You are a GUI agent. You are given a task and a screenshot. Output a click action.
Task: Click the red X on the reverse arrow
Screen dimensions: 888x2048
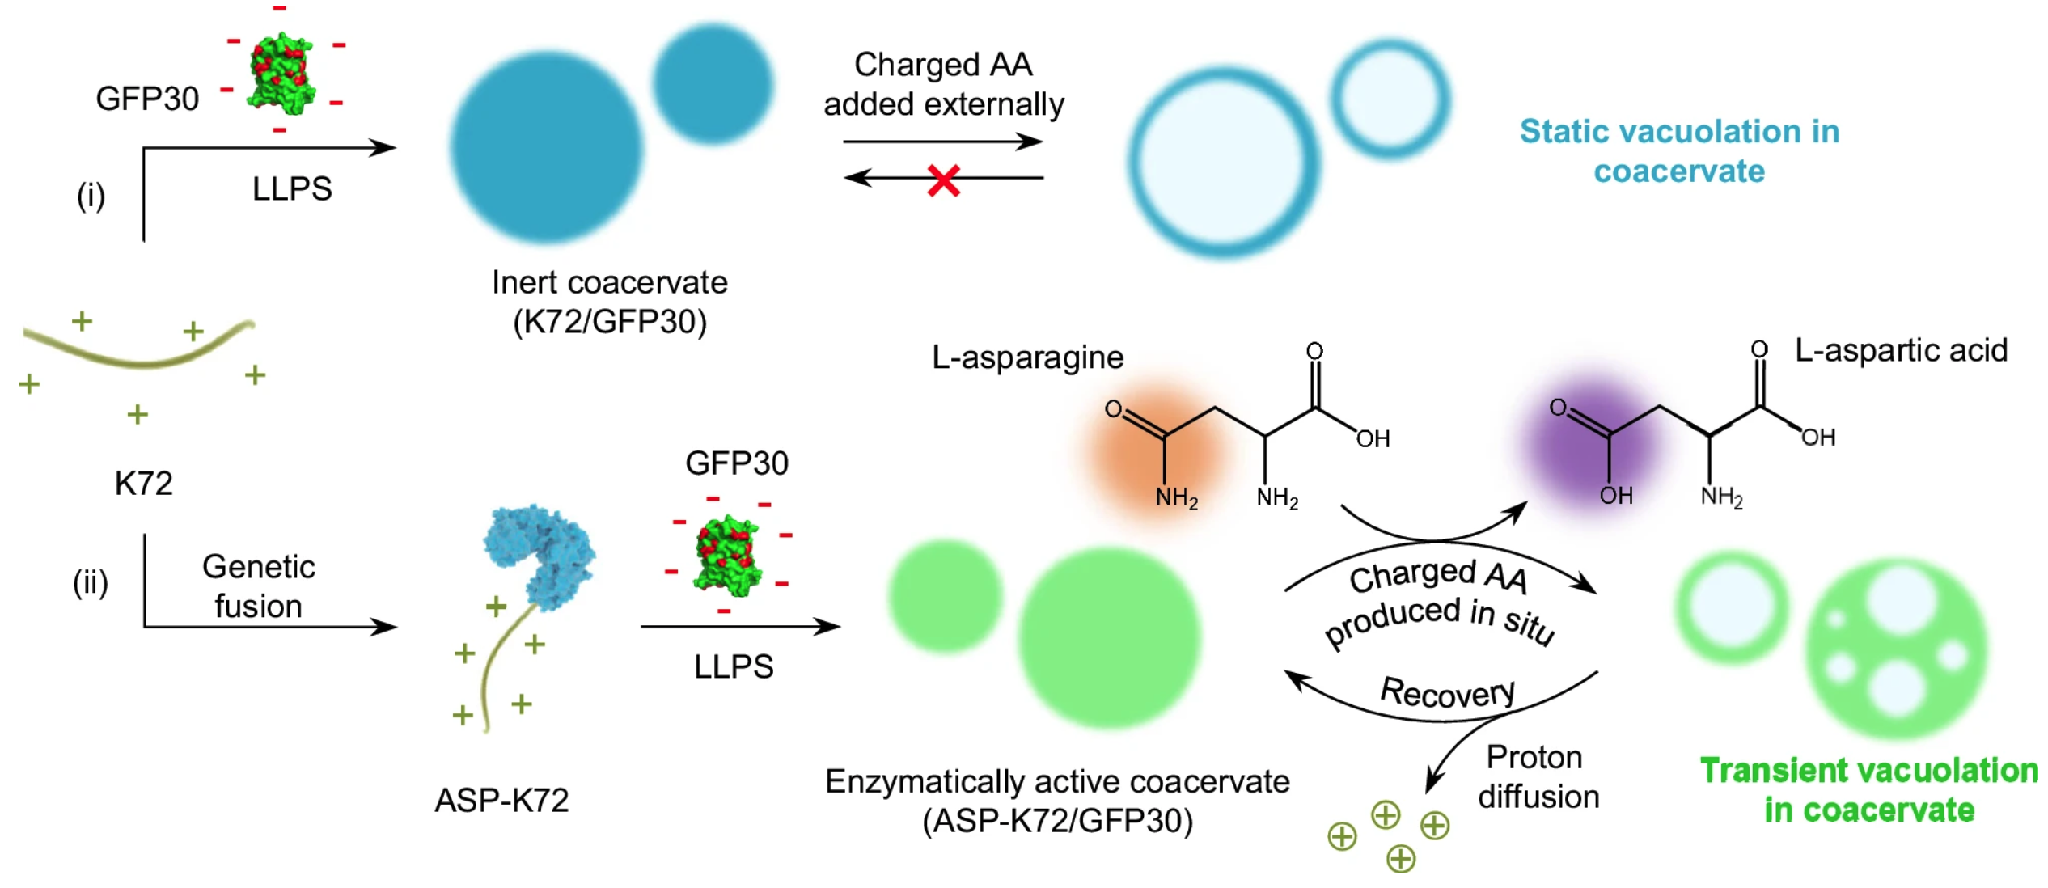point(943,180)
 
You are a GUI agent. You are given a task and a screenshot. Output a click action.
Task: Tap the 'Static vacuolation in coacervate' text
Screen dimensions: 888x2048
point(1679,151)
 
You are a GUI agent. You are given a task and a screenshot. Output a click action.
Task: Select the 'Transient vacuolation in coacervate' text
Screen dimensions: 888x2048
point(1868,789)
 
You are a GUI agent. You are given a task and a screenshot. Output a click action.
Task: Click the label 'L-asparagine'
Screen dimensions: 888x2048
point(1027,357)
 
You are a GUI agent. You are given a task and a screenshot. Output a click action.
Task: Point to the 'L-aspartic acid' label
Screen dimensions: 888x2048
point(1901,350)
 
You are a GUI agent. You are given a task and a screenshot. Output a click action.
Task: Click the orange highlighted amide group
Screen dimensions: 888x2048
point(1157,449)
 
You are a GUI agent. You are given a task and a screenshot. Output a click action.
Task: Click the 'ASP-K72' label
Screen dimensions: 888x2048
point(501,800)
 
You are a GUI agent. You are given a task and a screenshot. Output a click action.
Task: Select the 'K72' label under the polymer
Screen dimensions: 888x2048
point(143,483)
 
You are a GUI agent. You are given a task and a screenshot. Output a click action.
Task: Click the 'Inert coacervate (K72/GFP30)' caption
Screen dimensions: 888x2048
point(609,302)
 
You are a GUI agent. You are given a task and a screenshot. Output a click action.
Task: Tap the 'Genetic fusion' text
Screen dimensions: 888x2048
point(258,586)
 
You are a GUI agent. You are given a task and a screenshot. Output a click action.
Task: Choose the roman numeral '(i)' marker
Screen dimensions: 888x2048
point(91,196)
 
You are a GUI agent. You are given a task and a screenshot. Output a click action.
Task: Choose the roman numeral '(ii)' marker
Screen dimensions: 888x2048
point(90,582)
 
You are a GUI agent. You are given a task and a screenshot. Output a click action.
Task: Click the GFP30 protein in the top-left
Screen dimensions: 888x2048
point(281,73)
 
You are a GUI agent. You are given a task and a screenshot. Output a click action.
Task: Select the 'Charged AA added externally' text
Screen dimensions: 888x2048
point(943,84)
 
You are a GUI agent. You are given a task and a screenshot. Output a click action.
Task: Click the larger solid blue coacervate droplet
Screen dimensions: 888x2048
point(547,148)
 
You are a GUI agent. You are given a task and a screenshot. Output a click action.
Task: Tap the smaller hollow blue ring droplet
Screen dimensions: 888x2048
point(1390,99)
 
